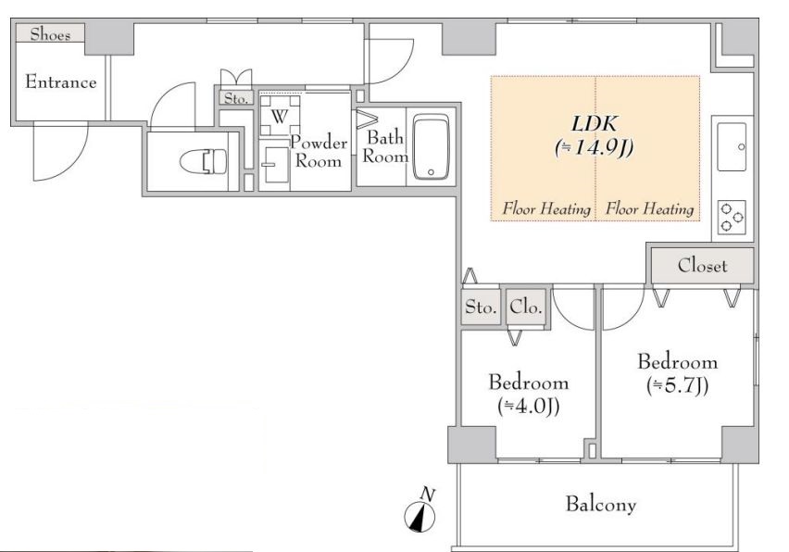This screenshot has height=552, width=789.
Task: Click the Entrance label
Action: pos(61,82)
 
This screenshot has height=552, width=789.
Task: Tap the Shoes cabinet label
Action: pos(50,34)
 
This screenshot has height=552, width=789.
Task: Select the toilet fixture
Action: pos(204,162)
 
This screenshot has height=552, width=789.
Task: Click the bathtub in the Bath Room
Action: pos(431,147)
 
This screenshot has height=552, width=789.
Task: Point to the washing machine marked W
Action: pos(280,116)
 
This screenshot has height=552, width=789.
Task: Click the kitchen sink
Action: pos(733,147)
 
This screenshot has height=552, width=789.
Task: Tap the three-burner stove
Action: pos(732,217)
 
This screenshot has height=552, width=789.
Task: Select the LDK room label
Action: pos(595,123)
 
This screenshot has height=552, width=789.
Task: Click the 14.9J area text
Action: pos(595,147)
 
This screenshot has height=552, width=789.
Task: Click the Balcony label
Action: pos(601,504)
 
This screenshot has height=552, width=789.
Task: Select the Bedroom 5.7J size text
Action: pos(678,385)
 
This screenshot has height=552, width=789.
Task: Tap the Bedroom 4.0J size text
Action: pos(529,406)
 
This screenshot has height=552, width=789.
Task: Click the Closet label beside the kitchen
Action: pos(703,265)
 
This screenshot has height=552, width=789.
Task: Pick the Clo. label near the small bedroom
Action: pos(526,307)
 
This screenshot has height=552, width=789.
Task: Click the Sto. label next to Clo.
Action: pos(481,307)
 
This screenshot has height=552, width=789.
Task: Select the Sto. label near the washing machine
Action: pos(236,98)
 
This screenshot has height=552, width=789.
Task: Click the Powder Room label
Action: pos(319,151)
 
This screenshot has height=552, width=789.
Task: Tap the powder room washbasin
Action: pos(275,165)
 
